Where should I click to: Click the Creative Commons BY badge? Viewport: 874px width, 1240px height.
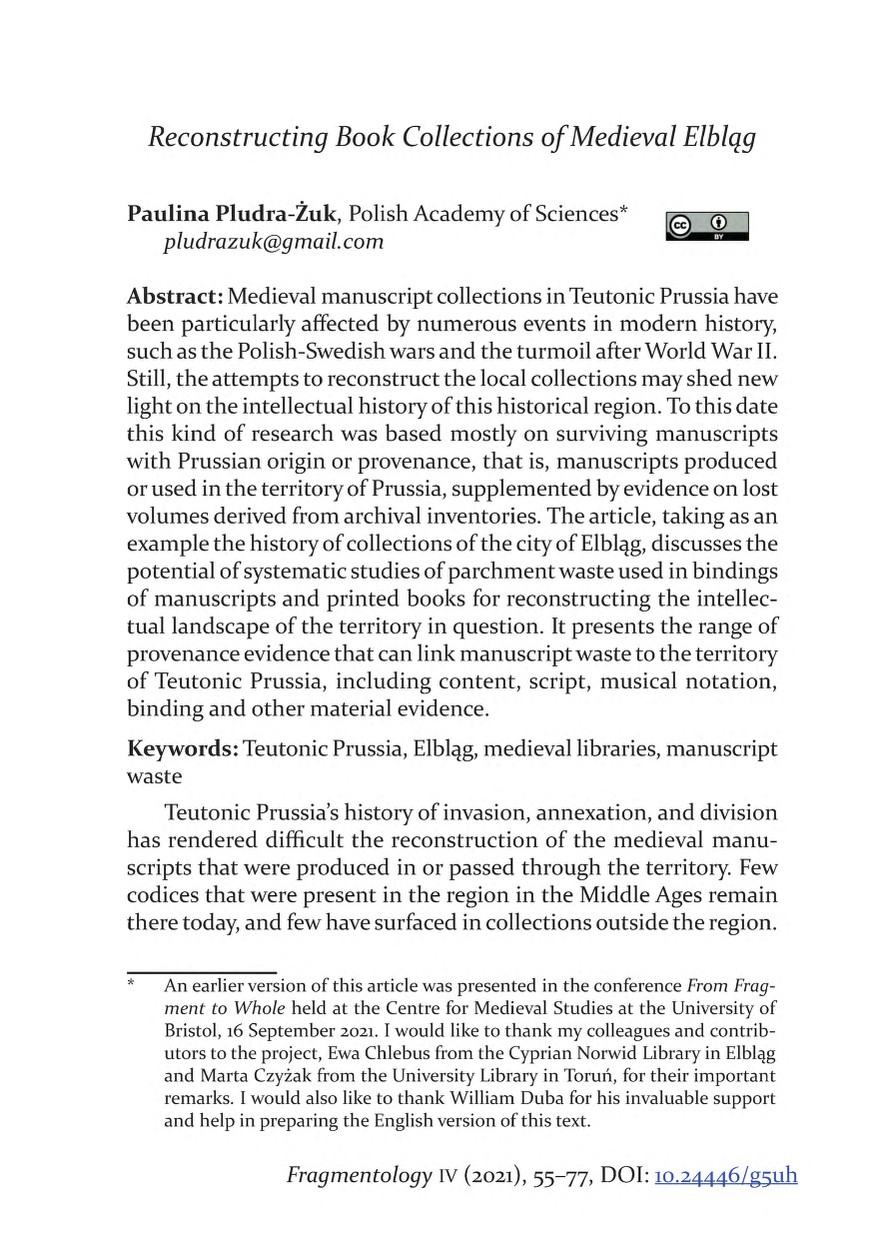[x=706, y=227]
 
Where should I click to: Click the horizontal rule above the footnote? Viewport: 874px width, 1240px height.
[x=201, y=972]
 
